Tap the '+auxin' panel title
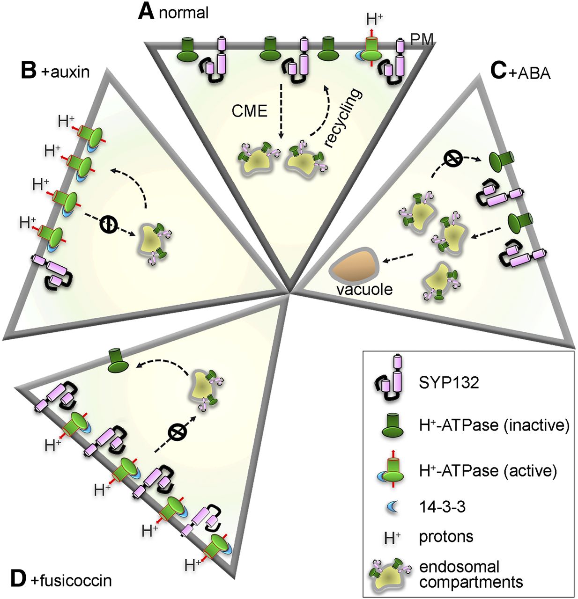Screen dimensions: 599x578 (68, 73)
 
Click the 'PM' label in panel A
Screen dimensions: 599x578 (421, 40)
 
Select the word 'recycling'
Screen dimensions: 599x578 (345, 118)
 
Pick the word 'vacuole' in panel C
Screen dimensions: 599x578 (364, 289)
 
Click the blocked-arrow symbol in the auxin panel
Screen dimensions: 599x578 (108, 224)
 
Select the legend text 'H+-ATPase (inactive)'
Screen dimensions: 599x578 (494, 425)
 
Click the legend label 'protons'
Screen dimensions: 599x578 (446, 536)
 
